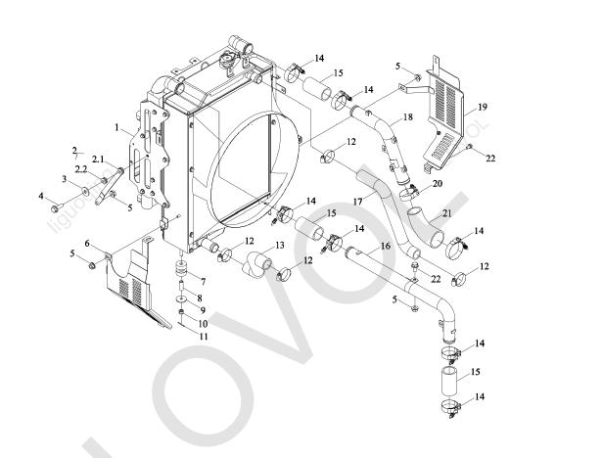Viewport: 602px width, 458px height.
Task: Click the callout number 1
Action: (116, 128)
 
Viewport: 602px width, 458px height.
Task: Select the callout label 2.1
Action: (97, 158)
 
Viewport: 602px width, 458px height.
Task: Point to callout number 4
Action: (42, 197)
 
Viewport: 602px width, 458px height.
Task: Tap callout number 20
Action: (437, 184)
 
